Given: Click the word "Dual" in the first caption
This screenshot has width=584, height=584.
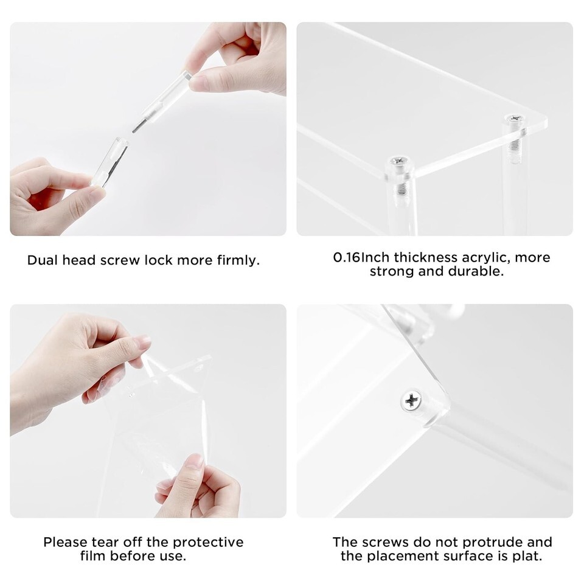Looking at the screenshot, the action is click(x=43, y=260).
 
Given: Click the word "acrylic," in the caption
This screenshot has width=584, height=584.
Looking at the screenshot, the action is click(x=485, y=257).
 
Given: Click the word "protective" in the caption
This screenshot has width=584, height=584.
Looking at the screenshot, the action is click(x=208, y=542).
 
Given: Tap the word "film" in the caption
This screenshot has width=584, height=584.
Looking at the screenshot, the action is click(x=94, y=555).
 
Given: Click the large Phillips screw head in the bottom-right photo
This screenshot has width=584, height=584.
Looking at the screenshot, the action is click(x=412, y=401).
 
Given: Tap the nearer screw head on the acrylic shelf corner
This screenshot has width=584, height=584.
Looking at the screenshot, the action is click(x=398, y=161).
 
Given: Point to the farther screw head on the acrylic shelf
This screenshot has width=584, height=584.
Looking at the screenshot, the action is click(x=515, y=119).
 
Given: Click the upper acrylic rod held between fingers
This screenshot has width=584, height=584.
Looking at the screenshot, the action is click(x=167, y=96).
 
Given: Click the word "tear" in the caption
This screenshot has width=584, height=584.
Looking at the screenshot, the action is click(x=105, y=542).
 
